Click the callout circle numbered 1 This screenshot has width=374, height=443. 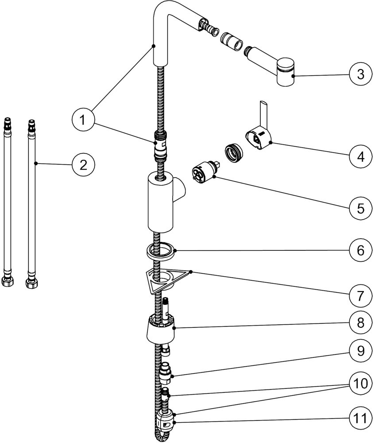[x=82, y=120]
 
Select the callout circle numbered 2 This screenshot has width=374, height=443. [x=83, y=165]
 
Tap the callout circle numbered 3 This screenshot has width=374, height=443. [x=360, y=74]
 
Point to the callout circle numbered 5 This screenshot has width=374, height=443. [x=360, y=209]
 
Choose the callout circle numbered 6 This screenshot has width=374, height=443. [x=360, y=250]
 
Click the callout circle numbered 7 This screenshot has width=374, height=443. [x=360, y=295]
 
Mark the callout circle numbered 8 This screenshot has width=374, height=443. [x=360, y=323]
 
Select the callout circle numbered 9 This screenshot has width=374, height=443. [x=360, y=351]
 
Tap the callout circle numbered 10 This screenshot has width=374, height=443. [x=360, y=384]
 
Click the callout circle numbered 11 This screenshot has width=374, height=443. [x=360, y=418]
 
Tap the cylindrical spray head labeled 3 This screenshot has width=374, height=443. [x=285, y=72]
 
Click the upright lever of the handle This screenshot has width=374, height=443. [x=263, y=113]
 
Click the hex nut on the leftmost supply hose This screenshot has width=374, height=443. [x=7, y=281]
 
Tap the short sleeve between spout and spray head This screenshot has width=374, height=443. [x=231, y=41]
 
